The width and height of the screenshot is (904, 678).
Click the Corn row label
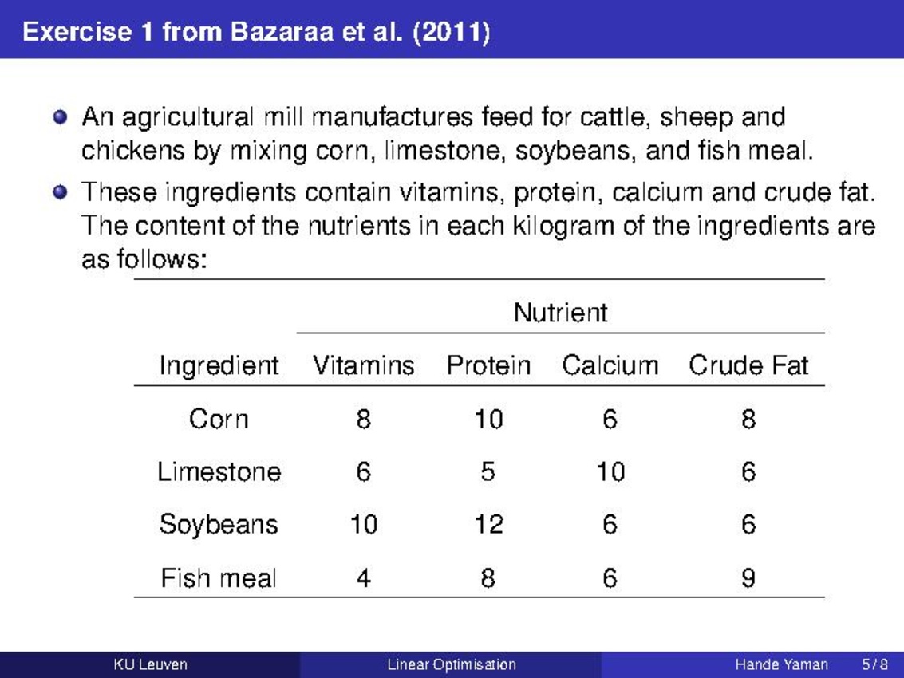point(219,419)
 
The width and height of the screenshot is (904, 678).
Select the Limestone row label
point(219,471)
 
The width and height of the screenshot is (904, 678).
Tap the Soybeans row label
point(219,525)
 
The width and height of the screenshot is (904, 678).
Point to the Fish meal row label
point(219,577)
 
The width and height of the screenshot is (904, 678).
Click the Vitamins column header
point(363,365)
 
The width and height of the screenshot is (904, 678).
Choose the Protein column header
point(488,365)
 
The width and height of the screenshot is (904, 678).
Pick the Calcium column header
point(610,365)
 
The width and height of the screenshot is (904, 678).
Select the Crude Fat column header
point(748,365)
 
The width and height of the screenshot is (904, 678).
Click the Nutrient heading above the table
point(560,313)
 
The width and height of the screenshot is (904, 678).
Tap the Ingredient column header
point(219,365)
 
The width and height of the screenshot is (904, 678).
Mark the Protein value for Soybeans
point(488,525)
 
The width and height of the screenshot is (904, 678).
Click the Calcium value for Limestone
point(610,471)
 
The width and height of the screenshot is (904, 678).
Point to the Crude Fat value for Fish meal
point(748,577)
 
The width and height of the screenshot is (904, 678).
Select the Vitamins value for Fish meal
point(363,577)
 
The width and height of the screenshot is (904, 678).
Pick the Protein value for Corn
point(488,419)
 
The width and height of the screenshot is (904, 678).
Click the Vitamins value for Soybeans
point(363,525)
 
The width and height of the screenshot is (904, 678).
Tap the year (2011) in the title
point(452,32)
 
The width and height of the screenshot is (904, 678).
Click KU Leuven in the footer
point(151,664)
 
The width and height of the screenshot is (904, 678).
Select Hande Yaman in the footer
point(781,664)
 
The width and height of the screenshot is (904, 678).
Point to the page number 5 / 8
point(874,664)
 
